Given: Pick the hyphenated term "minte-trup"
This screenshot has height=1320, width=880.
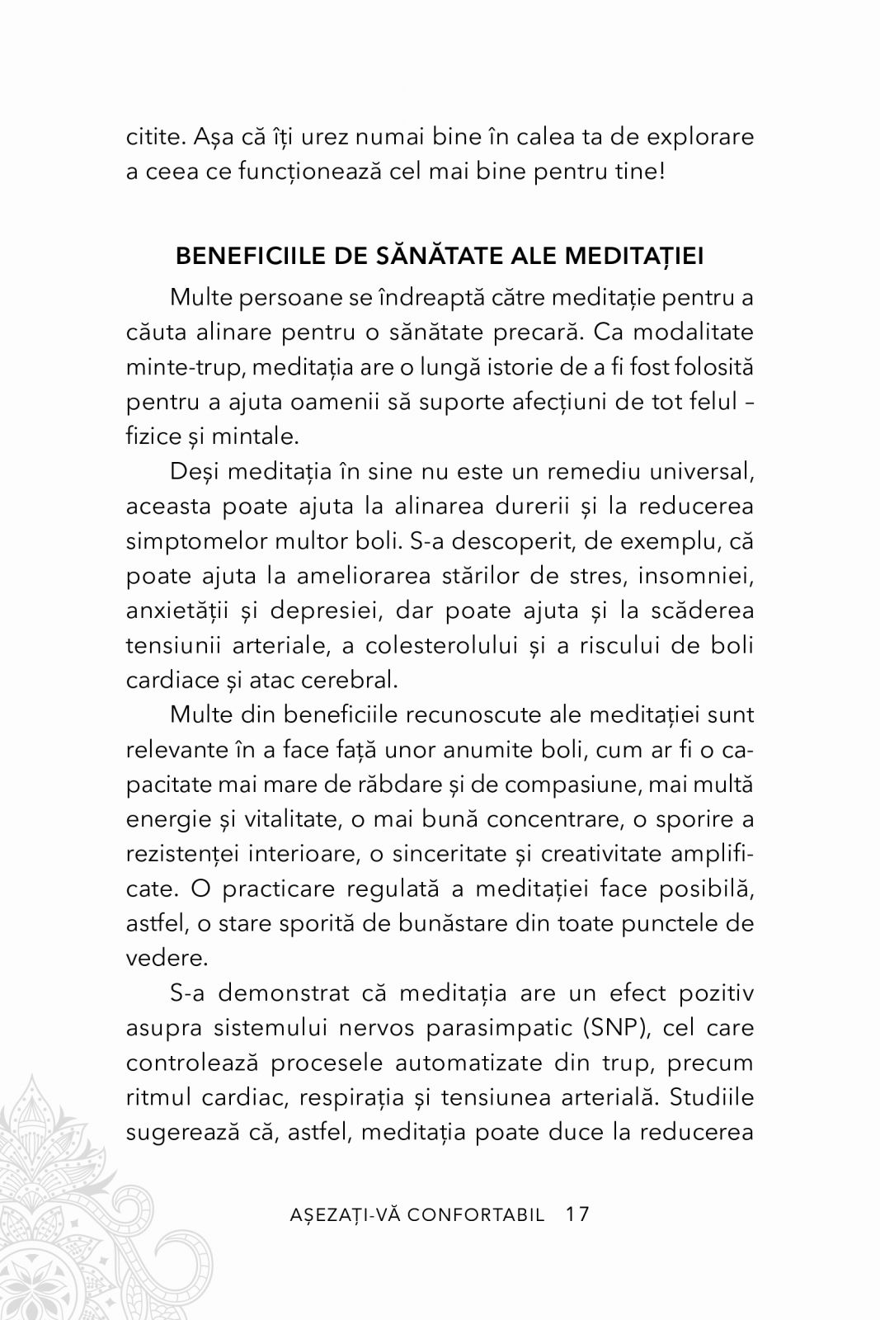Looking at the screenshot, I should pos(174,366).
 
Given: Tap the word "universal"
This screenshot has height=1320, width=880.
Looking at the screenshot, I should pos(698,472).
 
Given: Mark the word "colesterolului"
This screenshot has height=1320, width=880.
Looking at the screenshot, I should pos(426,645).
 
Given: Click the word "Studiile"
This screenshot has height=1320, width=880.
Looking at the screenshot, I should pos(711,1097).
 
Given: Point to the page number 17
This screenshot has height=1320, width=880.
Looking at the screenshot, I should pos(578,1214).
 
